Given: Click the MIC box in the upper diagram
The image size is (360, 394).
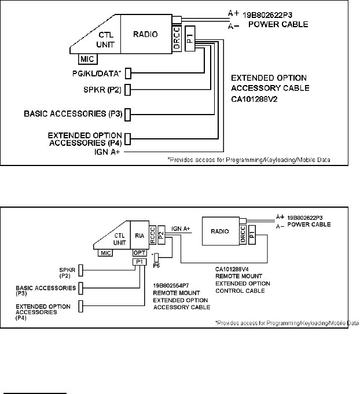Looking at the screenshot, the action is click(x=88, y=59).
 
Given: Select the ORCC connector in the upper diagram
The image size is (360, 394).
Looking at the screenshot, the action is click(x=177, y=38).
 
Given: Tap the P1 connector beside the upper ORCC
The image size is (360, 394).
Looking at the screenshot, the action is click(x=190, y=38).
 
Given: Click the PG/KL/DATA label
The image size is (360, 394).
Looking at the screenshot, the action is click(x=97, y=73).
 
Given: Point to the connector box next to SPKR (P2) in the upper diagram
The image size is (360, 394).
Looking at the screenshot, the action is click(x=128, y=90).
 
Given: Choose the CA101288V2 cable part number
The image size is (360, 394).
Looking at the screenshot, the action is click(x=254, y=100).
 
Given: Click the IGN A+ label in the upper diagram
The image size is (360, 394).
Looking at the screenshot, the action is click(x=107, y=152).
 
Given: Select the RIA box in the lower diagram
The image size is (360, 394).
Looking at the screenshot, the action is click(x=139, y=235).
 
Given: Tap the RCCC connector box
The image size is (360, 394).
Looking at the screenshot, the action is click(x=153, y=235).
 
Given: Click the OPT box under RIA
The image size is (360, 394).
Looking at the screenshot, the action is click(x=139, y=253).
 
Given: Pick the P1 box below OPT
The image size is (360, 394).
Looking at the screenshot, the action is click(x=139, y=262).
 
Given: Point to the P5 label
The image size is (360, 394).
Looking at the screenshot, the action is click(x=156, y=266).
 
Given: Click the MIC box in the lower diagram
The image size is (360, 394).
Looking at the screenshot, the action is click(x=105, y=253).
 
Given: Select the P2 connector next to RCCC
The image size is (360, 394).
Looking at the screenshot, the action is click(x=161, y=235).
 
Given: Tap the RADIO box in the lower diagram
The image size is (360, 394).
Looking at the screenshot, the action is click(x=221, y=231).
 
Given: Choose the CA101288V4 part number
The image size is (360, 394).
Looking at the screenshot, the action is click(x=232, y=270).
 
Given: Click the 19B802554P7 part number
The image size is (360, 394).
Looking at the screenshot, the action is click(x=171, y=286).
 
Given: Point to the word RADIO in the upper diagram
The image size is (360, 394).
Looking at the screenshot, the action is click(x=145, y=34).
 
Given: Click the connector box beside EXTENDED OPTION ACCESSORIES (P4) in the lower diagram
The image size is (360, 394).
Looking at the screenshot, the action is click(x=80, y=306).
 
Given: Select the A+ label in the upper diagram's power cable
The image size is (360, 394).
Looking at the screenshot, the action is click(x=234, y=13).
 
